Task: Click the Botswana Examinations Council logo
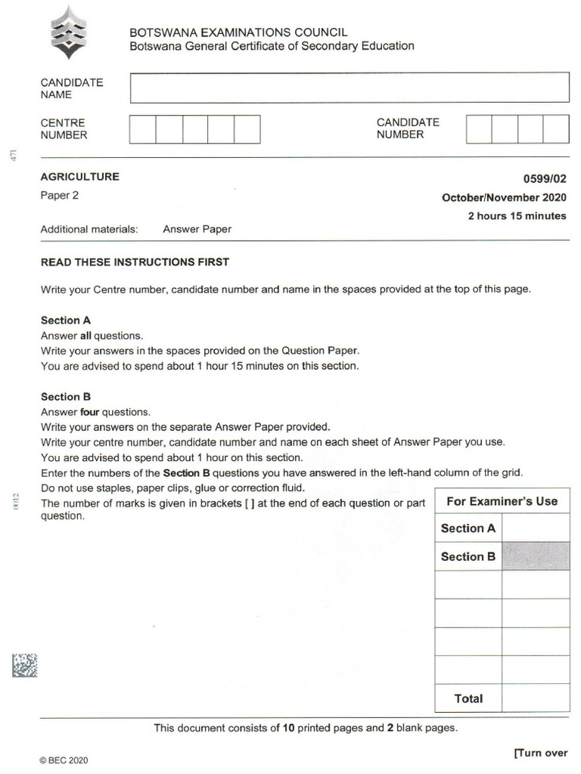[69, 33]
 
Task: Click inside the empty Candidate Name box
[350, 88]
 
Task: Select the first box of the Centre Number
[143, 129]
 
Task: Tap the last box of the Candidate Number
[556, 129]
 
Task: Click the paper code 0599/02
[544, 179]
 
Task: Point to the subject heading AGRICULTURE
[79, 177]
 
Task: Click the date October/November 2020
[504, 198]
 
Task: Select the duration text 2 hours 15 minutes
[517, 216]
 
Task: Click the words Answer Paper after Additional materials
[197, 229]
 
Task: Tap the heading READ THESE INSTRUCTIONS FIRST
[135, 262]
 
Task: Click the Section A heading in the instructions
[66, 320]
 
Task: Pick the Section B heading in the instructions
[66, 397]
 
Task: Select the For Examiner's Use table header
[502, 501]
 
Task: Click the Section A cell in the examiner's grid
[468, 528]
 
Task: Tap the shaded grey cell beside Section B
[536, 556]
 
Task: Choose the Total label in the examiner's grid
[468, 698]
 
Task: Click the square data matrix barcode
[24, 665]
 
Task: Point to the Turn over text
[540, 753]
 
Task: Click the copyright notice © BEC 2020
[64, 760]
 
